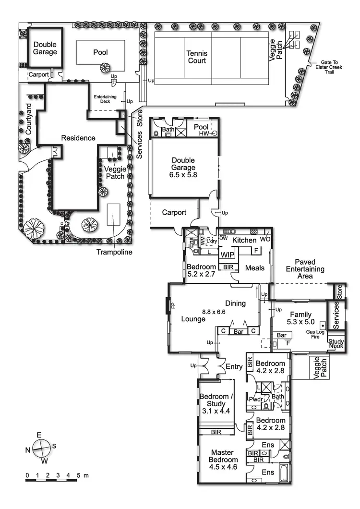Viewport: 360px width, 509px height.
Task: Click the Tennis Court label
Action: click(x=197, y=57)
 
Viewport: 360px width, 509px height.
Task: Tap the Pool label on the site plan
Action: click(x=101, y=52)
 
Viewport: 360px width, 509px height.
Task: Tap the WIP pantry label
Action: click(x=228, y=254)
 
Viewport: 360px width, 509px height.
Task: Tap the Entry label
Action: click(x=234, y=367)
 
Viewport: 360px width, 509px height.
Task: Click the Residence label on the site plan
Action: click(x=78, y=138)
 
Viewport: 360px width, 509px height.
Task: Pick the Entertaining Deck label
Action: click(x=105, y=98)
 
